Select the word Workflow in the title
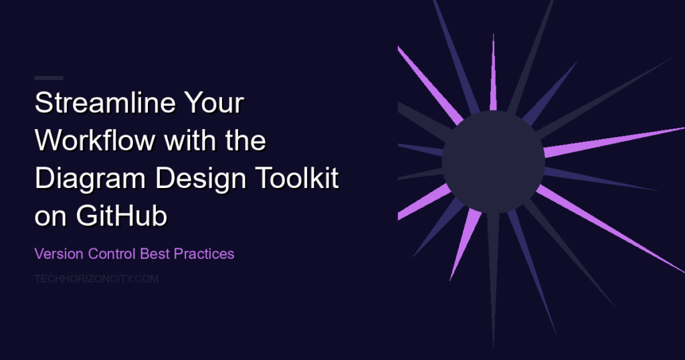pyautogui.click(x=95, y=141)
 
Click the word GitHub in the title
pyautogui.click(x=122, y=216)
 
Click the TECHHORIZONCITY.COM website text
pyautogui.click(x=96, y=279)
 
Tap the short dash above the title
pyautogui.click(x=48, y=78)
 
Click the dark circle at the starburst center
pyautogui.click(x=493, y=162)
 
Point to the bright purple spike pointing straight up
pyautogui.click(x=493, y=72)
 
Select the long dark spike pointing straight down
pyautogui.click(x=493, y=280)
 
